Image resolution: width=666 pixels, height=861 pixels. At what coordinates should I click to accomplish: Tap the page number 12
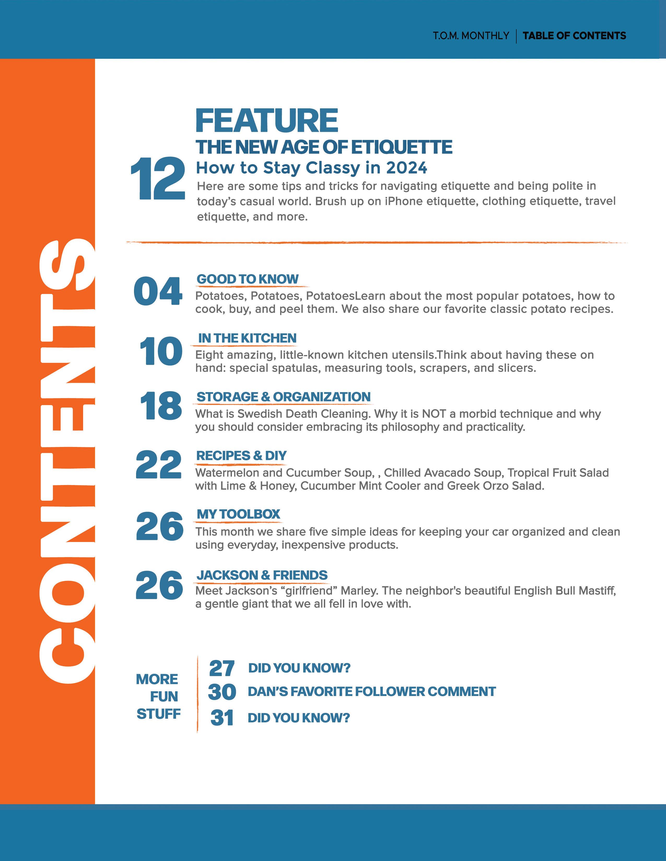point(158,179)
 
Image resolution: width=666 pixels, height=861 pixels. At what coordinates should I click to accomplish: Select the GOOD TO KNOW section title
point(248,279)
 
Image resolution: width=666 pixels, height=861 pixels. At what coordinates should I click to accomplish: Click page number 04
point(158,291)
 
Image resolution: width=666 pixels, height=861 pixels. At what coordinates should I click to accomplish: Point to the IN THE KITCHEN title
point(247,338)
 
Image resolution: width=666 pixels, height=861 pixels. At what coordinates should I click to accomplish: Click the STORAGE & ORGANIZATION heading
point(284,397)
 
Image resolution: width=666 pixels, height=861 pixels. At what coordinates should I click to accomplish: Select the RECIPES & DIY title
point(241,456)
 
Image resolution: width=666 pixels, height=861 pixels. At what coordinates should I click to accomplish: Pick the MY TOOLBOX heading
point(238,514)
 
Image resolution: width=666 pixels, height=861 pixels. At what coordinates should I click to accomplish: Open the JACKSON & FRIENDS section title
point(262,575)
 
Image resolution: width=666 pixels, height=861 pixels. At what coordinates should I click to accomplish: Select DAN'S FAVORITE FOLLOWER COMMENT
point(371,692)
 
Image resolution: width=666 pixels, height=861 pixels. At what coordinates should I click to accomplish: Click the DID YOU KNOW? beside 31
point(299,718)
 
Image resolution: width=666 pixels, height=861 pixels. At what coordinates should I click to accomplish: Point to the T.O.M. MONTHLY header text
point(471,36)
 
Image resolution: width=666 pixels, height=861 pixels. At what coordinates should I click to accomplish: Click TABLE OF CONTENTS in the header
point(574,36)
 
